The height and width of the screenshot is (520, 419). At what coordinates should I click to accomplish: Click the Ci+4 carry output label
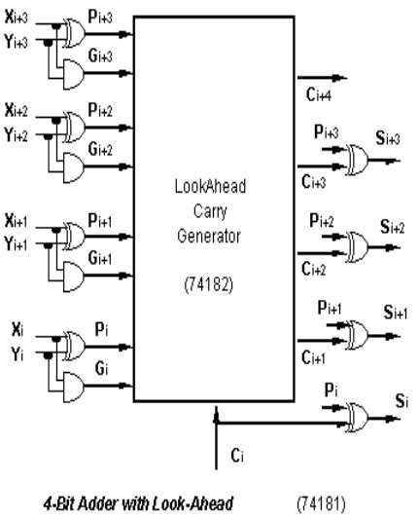pyautogui.click(x=318, y=95)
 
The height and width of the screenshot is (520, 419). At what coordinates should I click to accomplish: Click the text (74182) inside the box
pyautogui.click(x=215, y=287)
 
